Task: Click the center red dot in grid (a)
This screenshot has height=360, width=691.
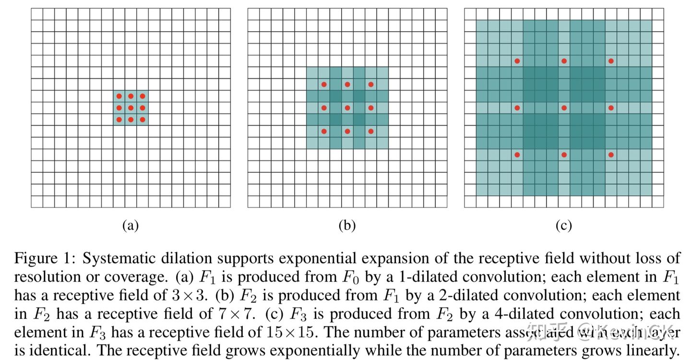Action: point(131,108)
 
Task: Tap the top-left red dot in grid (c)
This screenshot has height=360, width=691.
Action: point(517,61)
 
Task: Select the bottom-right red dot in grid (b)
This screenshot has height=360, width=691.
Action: point(371,131)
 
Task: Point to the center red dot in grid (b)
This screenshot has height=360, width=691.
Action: point(347,108)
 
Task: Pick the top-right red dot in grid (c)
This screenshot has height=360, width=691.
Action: point(611,61)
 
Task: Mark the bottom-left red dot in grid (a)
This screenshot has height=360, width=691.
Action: point(119,120)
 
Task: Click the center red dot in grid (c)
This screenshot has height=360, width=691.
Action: point(564,108)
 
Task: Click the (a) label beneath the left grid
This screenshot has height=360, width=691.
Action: point(131,226)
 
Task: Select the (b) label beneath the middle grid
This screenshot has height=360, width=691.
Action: point(347,226)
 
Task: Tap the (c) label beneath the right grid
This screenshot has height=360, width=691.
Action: point(564,226)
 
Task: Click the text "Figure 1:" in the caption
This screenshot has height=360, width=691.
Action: point(45,258)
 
